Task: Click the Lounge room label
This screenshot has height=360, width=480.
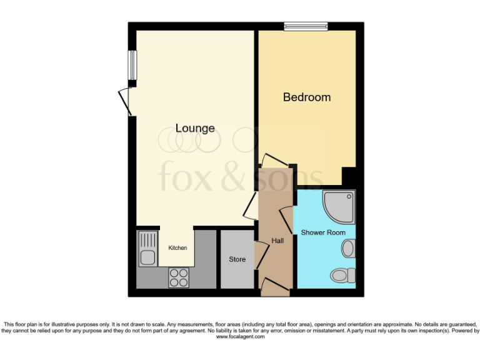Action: pos(195,128)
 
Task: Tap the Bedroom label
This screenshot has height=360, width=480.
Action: pos(307,97)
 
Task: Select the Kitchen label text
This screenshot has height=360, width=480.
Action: pos(177,248)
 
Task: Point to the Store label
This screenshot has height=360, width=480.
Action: pos(237,259)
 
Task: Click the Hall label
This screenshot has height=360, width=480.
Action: pos(278,241)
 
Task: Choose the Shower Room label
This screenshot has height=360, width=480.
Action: pos(323,232)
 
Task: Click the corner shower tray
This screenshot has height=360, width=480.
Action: pos(338,207)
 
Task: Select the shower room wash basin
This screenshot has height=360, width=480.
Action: pos(348,249)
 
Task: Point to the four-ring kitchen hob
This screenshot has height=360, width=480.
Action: pos(179,277)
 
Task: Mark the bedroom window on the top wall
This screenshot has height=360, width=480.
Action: pos(306,26)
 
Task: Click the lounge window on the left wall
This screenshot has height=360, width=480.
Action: pos(132,64)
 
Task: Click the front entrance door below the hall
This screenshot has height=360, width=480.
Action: pos(274,287)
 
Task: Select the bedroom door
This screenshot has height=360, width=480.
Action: pos(274,159)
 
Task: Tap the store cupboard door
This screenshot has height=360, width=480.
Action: pos(261,256)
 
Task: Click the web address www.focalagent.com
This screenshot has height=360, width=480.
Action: pos(240,337)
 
